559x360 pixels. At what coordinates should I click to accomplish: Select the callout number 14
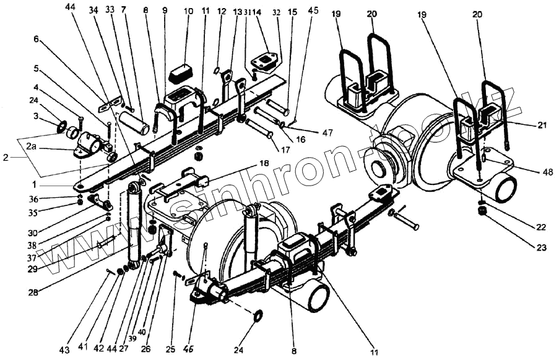pyautogui.click(x=258, y=12)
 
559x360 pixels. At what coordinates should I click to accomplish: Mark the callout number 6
pyautogui.click(x=37, y=38)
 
